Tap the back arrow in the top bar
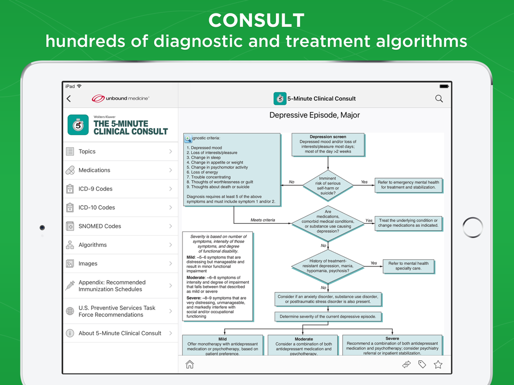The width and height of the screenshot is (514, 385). click(x=69, y=99)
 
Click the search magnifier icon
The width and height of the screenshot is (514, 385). click(x=439, y=99)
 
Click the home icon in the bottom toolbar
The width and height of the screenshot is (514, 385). click(x=190, y=364)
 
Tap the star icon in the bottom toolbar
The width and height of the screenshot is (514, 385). click(x=438, y=364)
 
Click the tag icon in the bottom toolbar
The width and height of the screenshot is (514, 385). click(x=422, y=364)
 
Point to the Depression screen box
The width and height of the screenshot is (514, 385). click(x=328, y=145)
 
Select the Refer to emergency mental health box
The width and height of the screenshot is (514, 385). click(x=408, y=185)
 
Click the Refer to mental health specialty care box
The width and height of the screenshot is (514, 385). click(x=408, y=266)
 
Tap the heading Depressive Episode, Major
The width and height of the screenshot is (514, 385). click(x=315, y=115)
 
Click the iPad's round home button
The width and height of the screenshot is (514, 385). click(x=472, y=227)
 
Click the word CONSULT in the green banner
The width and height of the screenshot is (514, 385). click(x=256, y=21)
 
